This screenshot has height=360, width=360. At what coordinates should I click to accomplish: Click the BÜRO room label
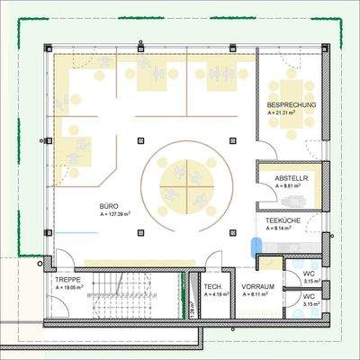109,206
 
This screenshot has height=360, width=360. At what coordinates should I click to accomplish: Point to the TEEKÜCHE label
283,220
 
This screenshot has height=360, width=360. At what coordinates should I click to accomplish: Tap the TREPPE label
67,280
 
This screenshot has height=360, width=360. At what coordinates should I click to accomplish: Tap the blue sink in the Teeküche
257,244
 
